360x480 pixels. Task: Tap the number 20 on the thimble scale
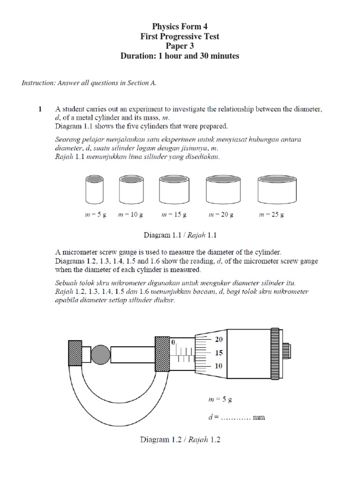(219, 339)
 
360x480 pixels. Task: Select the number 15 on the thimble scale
(219, 353)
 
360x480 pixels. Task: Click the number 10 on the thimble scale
(219, 366)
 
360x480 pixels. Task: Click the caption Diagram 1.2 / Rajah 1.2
(180, 440)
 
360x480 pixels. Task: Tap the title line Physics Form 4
(180, 27)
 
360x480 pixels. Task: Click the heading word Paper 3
(180, 46)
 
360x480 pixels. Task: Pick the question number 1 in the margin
(40, 109)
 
